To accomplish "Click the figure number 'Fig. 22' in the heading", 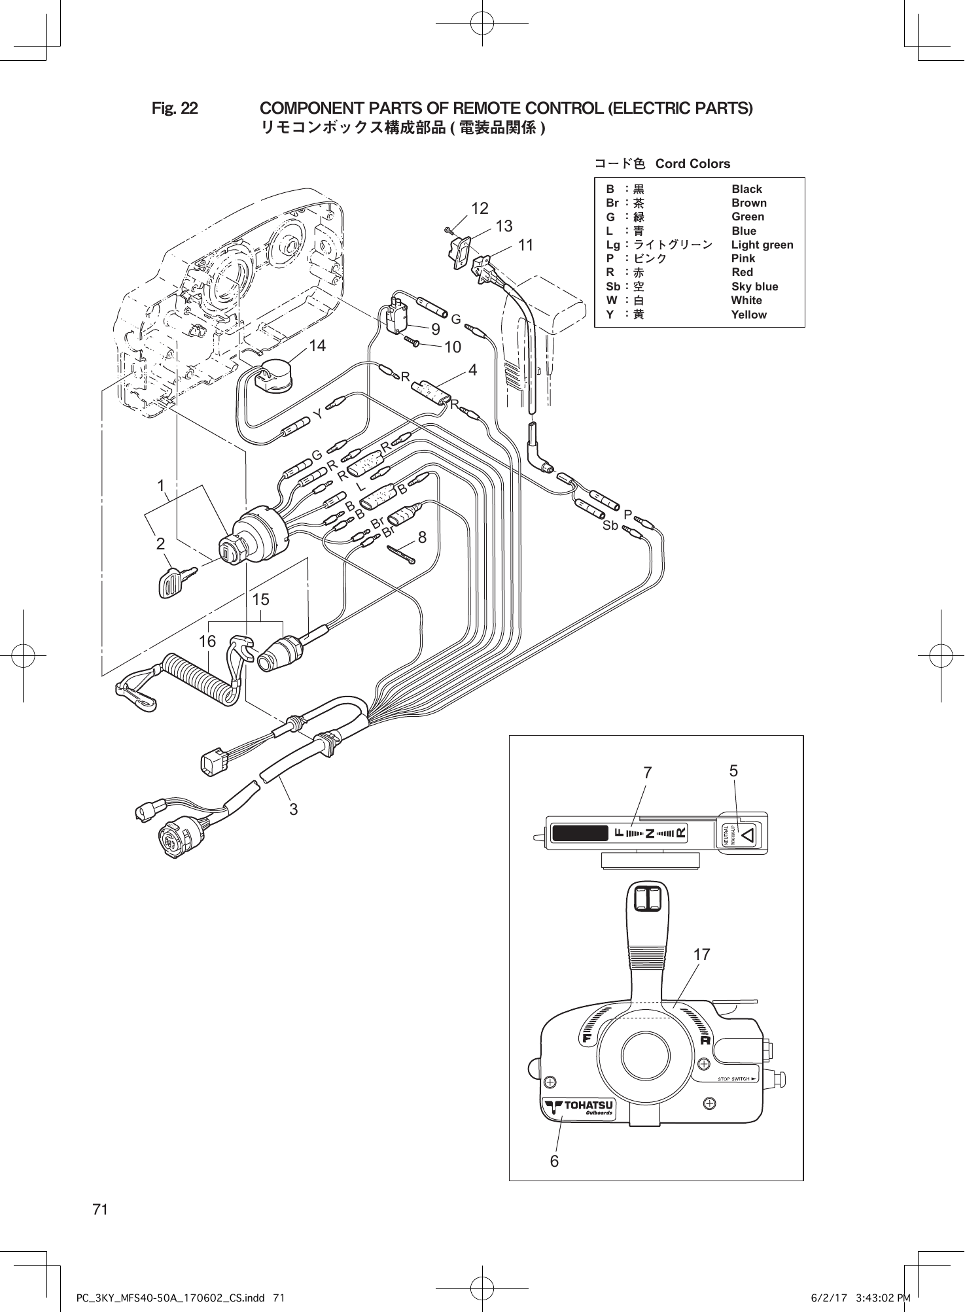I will (x=175, y=108).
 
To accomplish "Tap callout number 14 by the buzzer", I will (x=317, y=346).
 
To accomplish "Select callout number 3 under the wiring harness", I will (x=294, y=809).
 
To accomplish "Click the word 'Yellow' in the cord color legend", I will (x=748, y=315).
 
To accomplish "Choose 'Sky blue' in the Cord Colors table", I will (x=754, y=286).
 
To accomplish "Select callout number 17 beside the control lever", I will (x=701, y=955).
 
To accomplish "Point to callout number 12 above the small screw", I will (x=480, y=209).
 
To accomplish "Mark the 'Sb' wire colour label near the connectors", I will (x=610, y=525).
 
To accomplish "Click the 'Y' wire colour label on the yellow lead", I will (x=317, y=415).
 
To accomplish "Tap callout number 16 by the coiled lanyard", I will (x=207, y=642).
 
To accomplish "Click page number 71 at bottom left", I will (x=100, y=1209).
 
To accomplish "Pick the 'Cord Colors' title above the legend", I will (x=692, y=164).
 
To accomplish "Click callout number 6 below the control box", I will (x=554, y=1162).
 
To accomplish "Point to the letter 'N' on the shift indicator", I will (x=650, y=833).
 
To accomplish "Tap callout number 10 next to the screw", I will (x=453, y=347).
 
